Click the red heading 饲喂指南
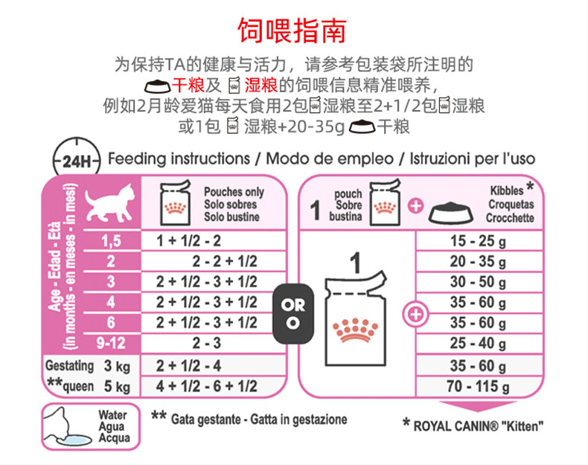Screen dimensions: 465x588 point(292,31)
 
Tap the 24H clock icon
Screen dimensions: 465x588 point(76,158)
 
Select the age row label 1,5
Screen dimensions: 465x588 point(110,241)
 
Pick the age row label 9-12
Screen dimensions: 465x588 point(110,344)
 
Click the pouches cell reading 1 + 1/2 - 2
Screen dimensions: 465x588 point(189,241)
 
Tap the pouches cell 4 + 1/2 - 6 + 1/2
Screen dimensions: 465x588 point(206,386)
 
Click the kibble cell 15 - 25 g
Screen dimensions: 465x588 point(478,242)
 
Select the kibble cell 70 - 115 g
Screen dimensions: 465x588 point(478,386)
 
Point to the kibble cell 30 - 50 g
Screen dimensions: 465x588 point(478,282)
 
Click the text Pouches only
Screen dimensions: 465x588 point(234,192)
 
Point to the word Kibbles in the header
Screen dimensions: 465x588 point(506,191)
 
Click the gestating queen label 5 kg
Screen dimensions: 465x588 point(117,386)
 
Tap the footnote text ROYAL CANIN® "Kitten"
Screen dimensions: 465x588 point(478,426)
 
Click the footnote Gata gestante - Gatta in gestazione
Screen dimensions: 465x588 point(258,420)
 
